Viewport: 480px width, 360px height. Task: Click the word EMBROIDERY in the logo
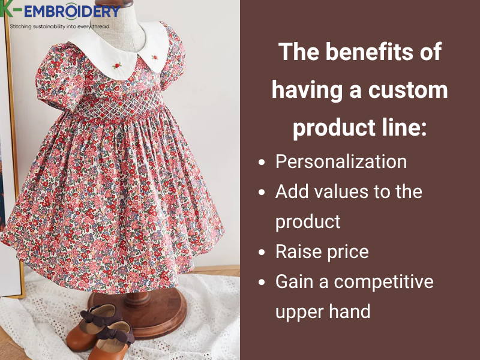tap(67, 11)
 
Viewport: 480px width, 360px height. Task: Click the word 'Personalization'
tap(341, 161)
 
